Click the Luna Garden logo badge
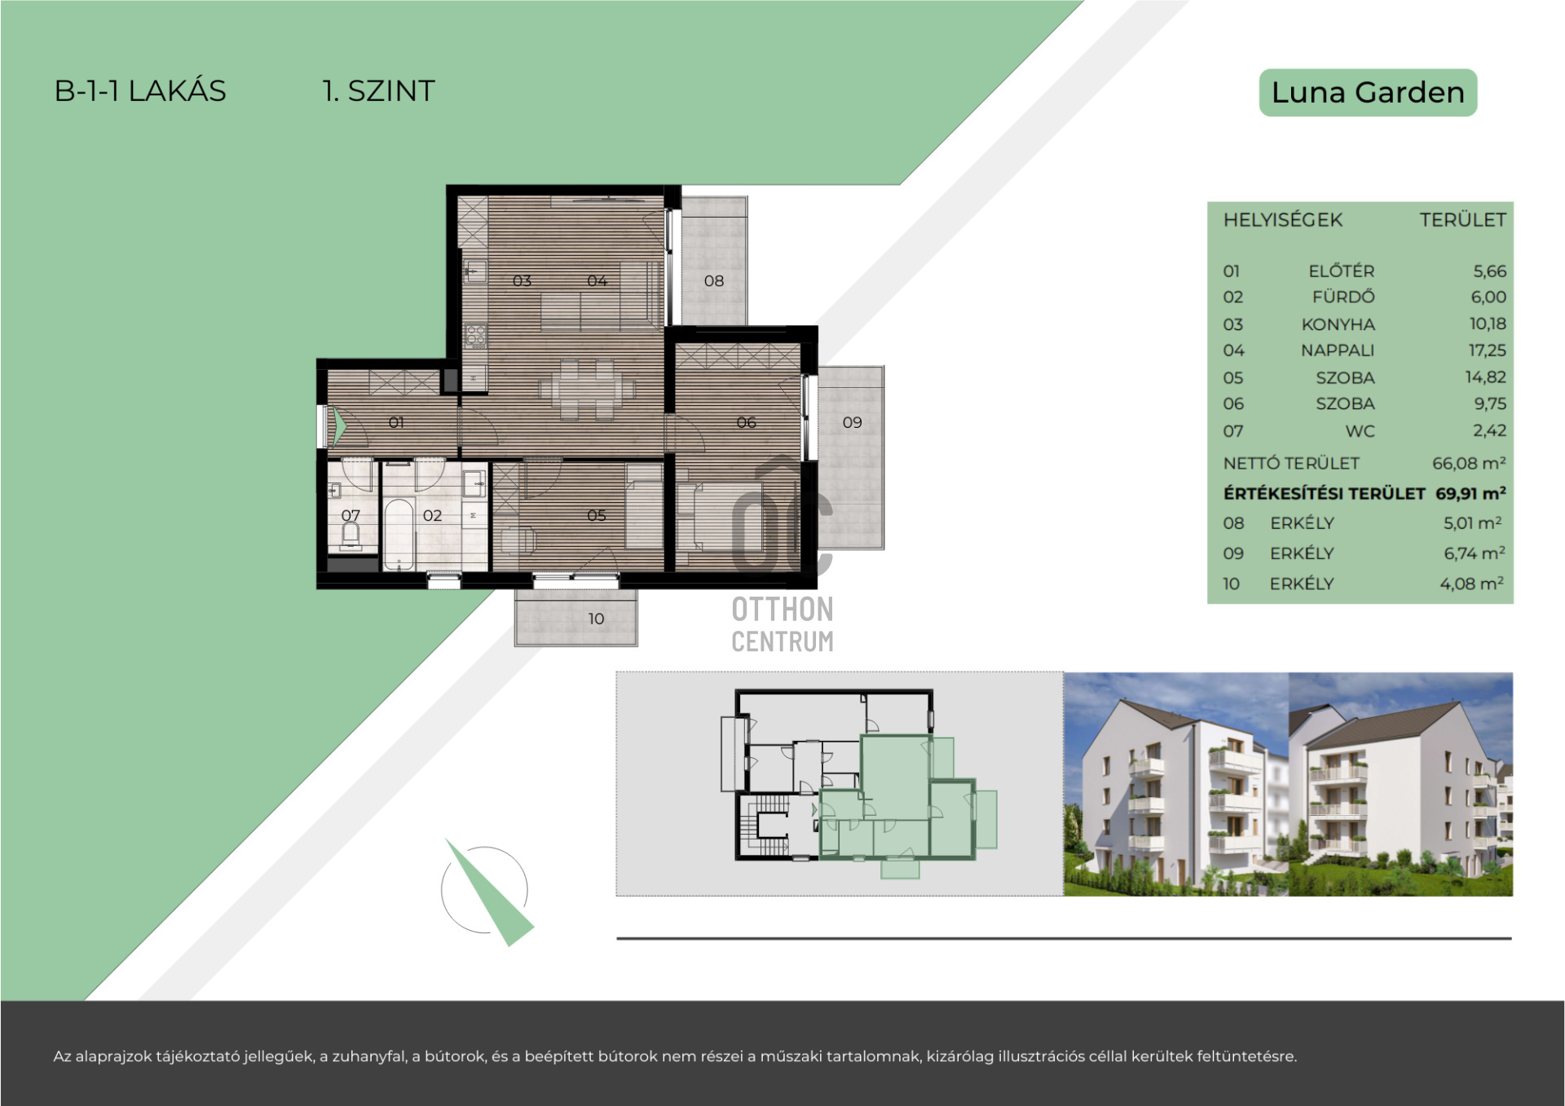point(1368,92)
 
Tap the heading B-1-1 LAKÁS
point(140,90)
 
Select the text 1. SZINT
point(379,90)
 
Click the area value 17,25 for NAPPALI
point(1488,350)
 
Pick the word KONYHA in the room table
point(1338,324)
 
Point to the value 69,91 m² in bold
point(1470,493)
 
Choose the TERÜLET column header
point(1462,220)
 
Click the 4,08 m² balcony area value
point(1472,584)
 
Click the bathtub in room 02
point(399,534)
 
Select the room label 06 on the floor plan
point(746,422)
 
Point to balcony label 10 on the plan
point(596,619)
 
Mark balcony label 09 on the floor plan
point(852,422)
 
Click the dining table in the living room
point(587,390)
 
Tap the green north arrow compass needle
point(489,892)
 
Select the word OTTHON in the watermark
point(782,609)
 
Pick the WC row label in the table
point(1360,431)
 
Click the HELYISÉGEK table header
point(1282,220)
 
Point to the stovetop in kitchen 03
point(475,336)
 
